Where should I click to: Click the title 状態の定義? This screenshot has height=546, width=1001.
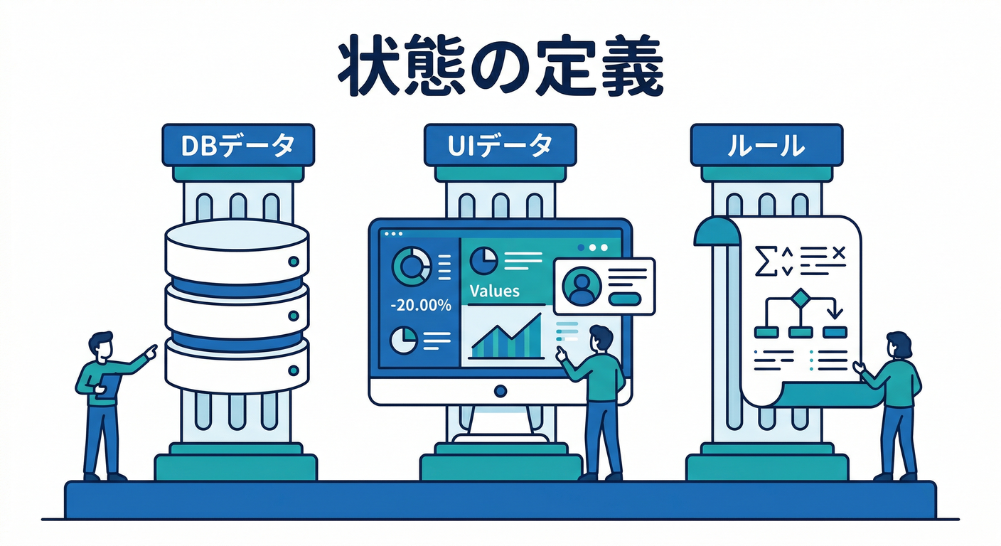(x=500, y=65)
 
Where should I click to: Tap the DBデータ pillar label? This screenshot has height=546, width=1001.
(x=238, y=145)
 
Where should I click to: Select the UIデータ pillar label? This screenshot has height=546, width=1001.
(x=500, y=145)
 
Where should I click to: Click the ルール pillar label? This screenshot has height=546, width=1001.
(x=766, y=145)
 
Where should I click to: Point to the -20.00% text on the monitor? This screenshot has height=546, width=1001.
(x=421, y=305)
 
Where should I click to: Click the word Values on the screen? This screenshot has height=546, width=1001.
(x=495, y=291)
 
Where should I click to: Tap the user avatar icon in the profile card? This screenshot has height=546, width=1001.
(x=581, y=286)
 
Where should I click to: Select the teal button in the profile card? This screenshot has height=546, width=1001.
(x=625, y=299)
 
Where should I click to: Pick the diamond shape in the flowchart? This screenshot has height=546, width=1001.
(x=800, y=299)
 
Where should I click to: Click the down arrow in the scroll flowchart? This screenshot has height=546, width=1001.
(x=835, y=310)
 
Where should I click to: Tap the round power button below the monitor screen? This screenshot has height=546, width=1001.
(x=500, y=391)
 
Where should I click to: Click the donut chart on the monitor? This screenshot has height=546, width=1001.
(x=411, y=267)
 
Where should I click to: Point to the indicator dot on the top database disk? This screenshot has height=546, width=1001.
(x=294, y=262)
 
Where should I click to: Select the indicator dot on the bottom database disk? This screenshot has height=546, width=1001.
(x=294, y=370)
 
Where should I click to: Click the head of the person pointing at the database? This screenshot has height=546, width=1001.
(x=101, y=346)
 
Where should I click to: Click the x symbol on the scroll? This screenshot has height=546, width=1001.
(x=839, y=253)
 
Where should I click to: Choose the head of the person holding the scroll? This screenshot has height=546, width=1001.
(x=899, y=345)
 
